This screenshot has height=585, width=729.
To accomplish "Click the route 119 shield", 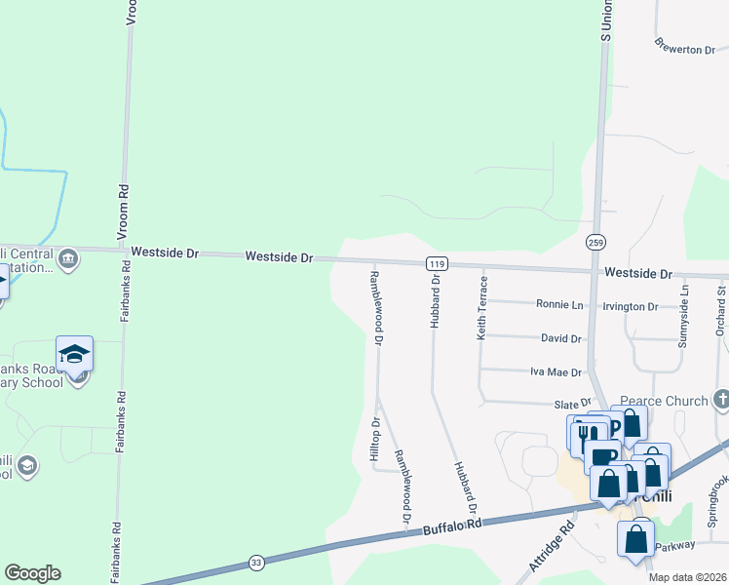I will coord(437,263).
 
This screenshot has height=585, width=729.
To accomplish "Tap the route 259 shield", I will coord(595,241).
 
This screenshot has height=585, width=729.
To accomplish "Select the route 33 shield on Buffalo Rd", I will coord(256,563).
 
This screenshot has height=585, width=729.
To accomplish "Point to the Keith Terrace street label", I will coord(481,307).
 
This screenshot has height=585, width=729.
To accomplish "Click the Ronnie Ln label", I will coord(559,304).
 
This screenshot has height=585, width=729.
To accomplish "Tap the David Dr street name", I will coord(561,338).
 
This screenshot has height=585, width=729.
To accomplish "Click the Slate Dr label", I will coord(573,403).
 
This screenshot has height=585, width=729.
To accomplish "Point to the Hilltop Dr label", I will coord(374,440).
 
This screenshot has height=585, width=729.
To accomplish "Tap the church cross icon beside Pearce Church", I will coord(720,399).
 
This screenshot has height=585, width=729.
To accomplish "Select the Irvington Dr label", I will coord(631,306).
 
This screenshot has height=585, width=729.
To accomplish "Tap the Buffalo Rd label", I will coord(453,526).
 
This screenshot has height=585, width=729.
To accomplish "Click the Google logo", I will coord(32,573).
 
